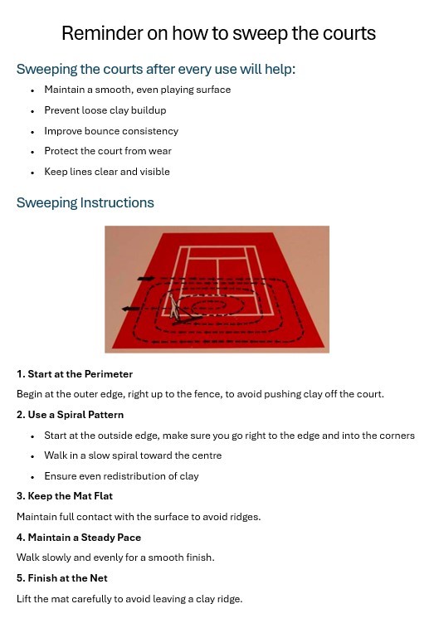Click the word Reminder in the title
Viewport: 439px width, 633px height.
102,33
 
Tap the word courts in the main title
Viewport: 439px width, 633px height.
349,33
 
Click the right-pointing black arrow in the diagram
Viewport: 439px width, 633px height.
145,278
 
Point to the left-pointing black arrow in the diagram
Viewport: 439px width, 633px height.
130,309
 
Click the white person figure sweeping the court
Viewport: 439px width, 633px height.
174,307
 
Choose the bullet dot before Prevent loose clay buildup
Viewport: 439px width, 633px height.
32,111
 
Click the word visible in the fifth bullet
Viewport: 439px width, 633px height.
154,172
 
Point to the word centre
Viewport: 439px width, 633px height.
207,455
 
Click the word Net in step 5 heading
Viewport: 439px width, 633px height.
99,578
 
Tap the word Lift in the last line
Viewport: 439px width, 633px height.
23,599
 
